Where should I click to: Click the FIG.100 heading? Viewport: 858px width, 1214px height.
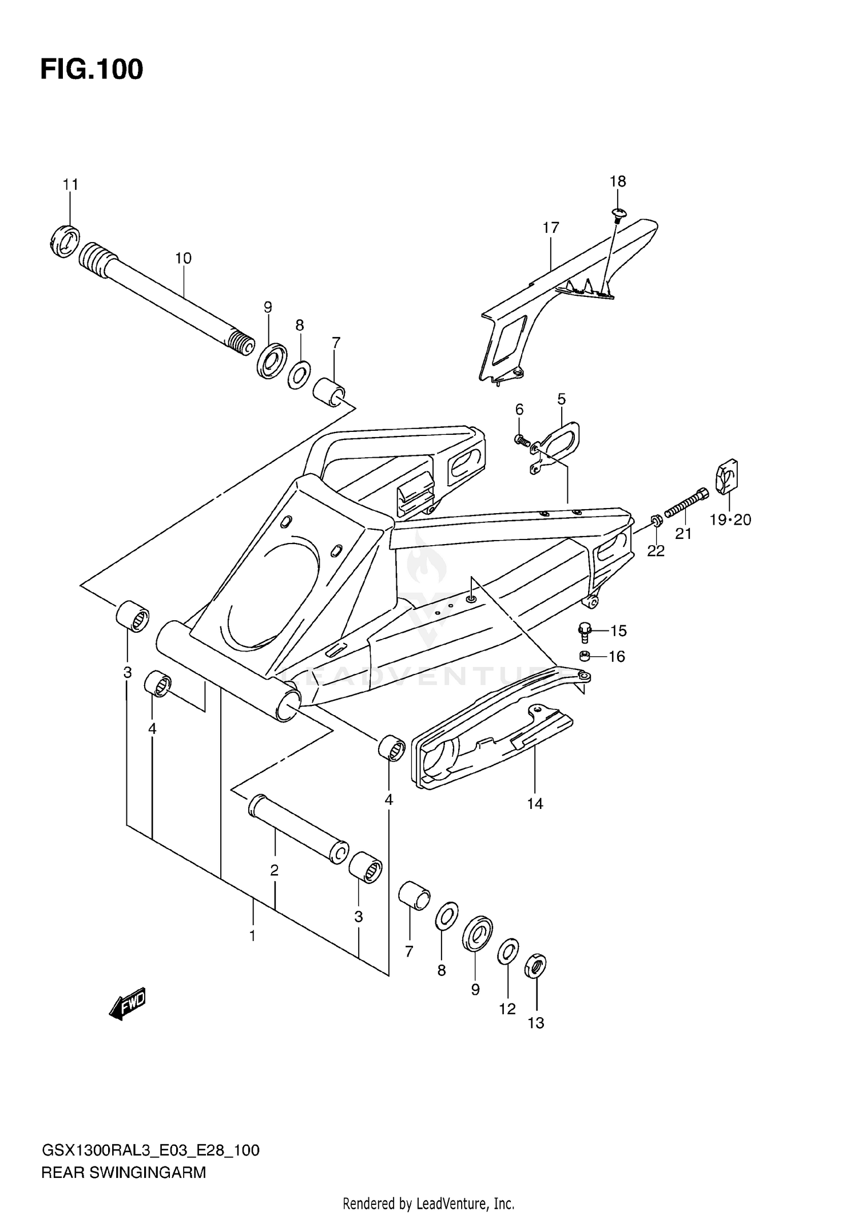92,70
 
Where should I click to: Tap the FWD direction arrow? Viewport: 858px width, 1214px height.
128,1003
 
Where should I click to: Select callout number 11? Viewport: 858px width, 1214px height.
70,185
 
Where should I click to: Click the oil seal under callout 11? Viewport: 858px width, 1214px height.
63,242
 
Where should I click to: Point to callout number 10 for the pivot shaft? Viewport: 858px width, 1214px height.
183,259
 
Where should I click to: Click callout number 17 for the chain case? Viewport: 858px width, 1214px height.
550,228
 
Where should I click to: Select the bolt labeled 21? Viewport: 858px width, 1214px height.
686,502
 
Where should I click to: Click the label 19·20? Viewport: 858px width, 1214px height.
730,519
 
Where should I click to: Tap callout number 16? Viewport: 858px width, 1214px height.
617,656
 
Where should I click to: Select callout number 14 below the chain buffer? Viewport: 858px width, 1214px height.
535,804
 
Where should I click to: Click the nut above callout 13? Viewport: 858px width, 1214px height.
535,966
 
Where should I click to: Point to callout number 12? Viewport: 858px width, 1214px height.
507,1009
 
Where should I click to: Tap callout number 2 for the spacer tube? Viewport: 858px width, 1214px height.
275,870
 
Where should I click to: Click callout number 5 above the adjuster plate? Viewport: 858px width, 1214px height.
561,399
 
